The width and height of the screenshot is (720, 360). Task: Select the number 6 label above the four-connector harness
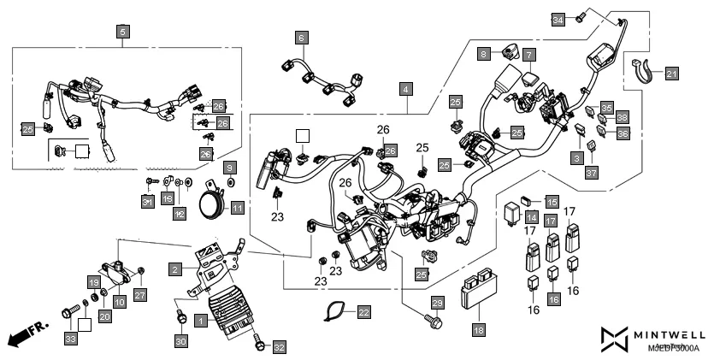click(301, 38)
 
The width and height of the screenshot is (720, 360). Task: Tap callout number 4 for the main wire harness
click(406, 88)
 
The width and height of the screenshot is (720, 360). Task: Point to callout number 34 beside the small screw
click(558, 19)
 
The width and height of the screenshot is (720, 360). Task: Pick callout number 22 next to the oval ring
click(363, 312)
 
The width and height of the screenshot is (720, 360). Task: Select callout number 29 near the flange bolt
click(437, 304)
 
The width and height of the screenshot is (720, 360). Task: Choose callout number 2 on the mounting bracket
click(174, 269)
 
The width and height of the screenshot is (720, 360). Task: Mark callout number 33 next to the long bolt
click(70, 339)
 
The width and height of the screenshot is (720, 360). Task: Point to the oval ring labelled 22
click(336, 312)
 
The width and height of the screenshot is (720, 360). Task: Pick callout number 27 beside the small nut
click(140, 294)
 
